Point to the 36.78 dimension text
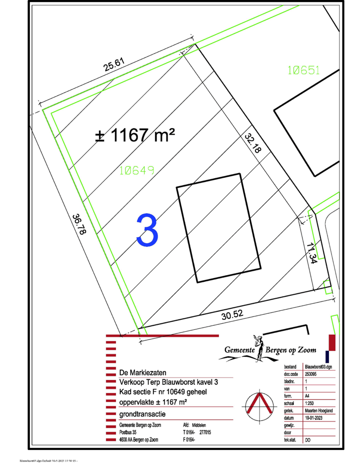78,225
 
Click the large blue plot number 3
148,230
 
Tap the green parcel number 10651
303,71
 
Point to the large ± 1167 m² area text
135,134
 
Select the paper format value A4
307,395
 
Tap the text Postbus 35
129,432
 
